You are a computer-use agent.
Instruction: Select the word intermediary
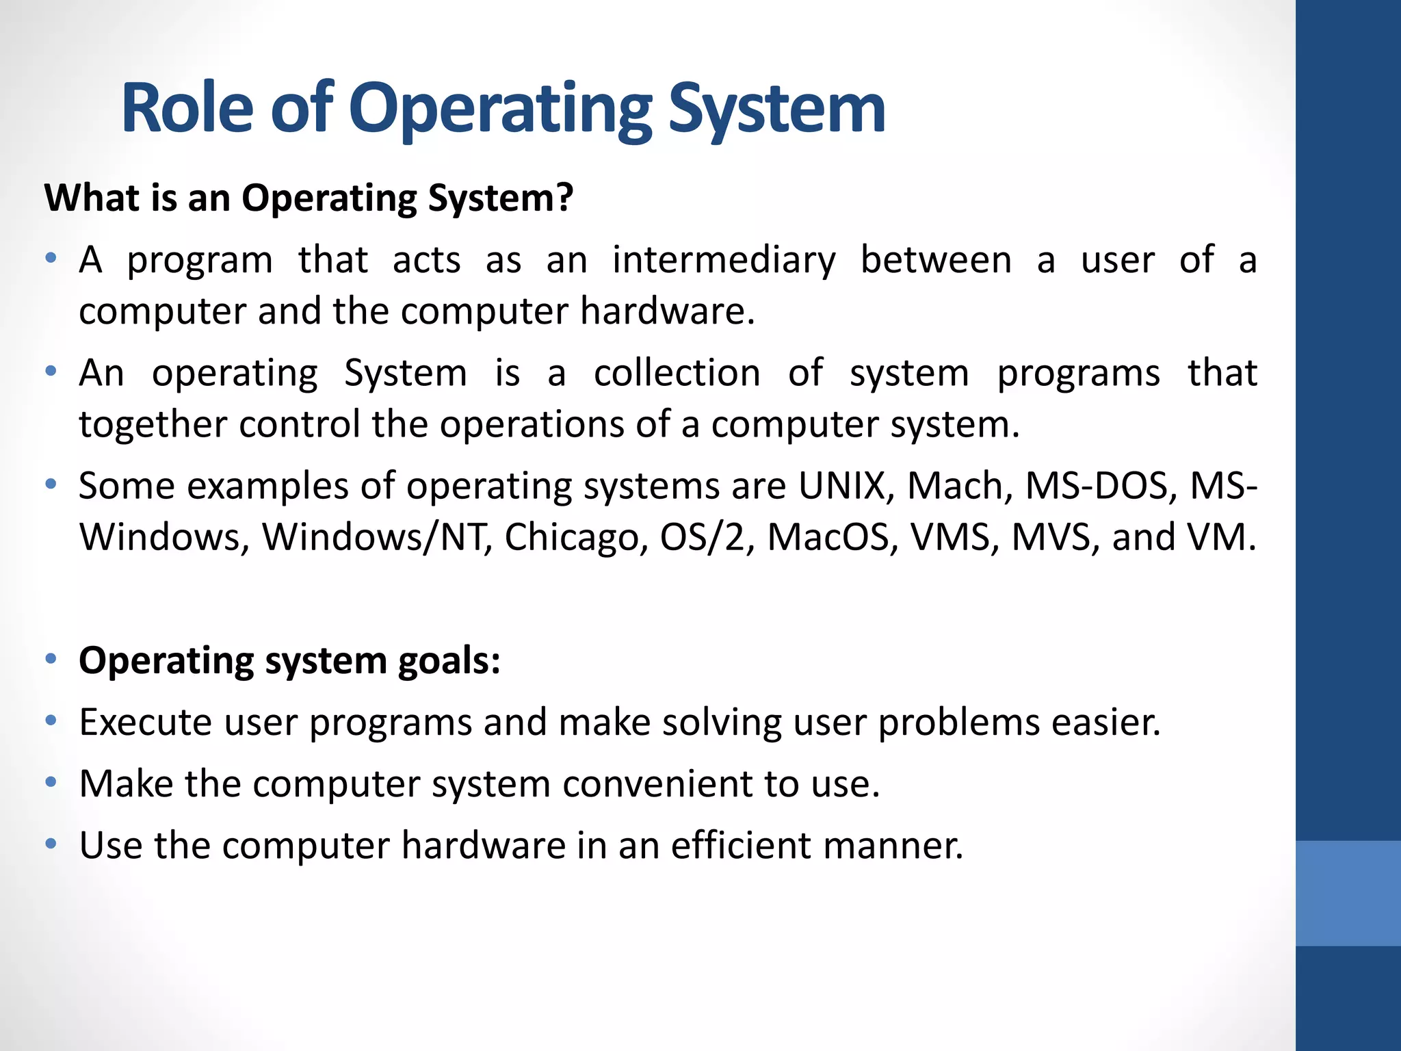pyautogui.click(x=724, y=261)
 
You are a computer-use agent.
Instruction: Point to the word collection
pyautogui.click(x=677, y=374)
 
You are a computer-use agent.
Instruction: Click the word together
pyautogui.click(x=151, y=425)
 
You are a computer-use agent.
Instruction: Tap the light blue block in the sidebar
pyautogui.click(x=1348, y=893)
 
